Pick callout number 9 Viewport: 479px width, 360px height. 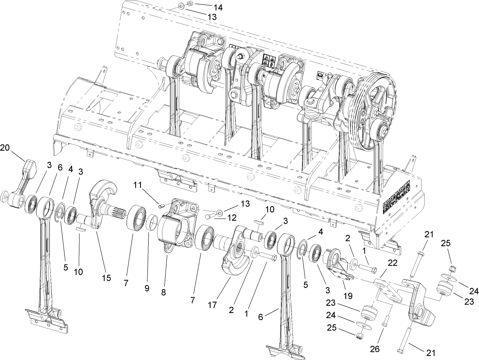(x=147, y=289)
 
